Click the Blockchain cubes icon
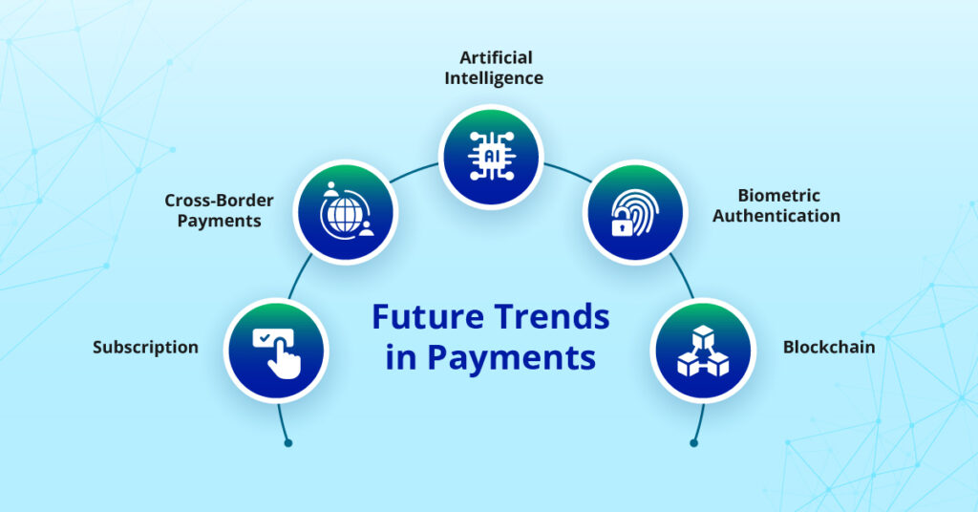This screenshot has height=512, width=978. [x=702, y=351]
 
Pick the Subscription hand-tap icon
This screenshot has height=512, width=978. [x=276, y=351]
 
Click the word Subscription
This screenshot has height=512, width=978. [x=145, y=347]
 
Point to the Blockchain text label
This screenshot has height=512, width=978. [x=829, y=347]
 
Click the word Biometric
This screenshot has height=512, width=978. [x=778, y=196]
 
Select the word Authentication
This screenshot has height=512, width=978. [x=776, y=216]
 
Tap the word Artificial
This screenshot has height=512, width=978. [x=494, y=57]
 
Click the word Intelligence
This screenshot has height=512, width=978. [x=494, y=77]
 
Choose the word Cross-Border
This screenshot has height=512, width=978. [x=219, y=201]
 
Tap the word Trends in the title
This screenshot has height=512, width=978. [x=547, y=316]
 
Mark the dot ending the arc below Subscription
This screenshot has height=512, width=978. [x=287, y=443]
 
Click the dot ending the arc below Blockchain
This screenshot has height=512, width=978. [x=692, y=443]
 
